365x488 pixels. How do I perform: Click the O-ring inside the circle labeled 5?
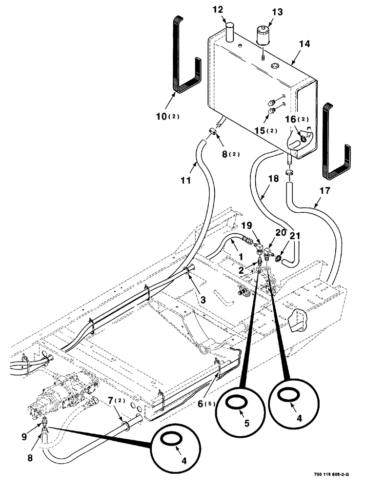coord(236,401)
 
